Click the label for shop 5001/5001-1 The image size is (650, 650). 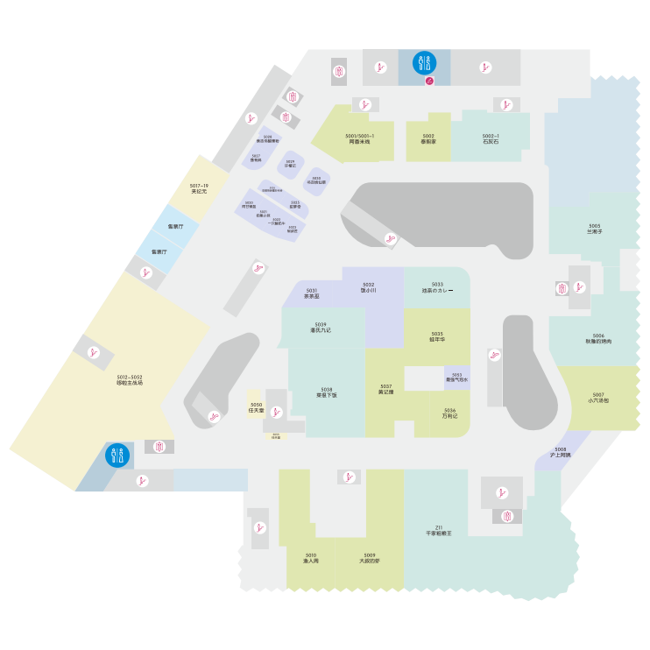click(360, 138)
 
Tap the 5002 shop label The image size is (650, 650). click(428, 138)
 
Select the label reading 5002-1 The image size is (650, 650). click(491, 138)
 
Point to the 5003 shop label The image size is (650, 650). click(595, 228)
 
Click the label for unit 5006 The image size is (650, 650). click(598, 338)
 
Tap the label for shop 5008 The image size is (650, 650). click(561, 452)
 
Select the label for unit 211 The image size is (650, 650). click(439, 530)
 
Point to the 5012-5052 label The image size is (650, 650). click(130, 379)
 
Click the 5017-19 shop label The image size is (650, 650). click(199, 188)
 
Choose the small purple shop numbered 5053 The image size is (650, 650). click(456, 378)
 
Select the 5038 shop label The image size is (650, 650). click(327, 392)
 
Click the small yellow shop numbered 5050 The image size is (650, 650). click(257, 407)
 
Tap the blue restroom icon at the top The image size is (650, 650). click(424, 63)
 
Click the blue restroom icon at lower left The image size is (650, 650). click(117, 456)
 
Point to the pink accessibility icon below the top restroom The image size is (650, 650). click(430, 81)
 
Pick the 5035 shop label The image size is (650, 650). click(437, 336)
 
